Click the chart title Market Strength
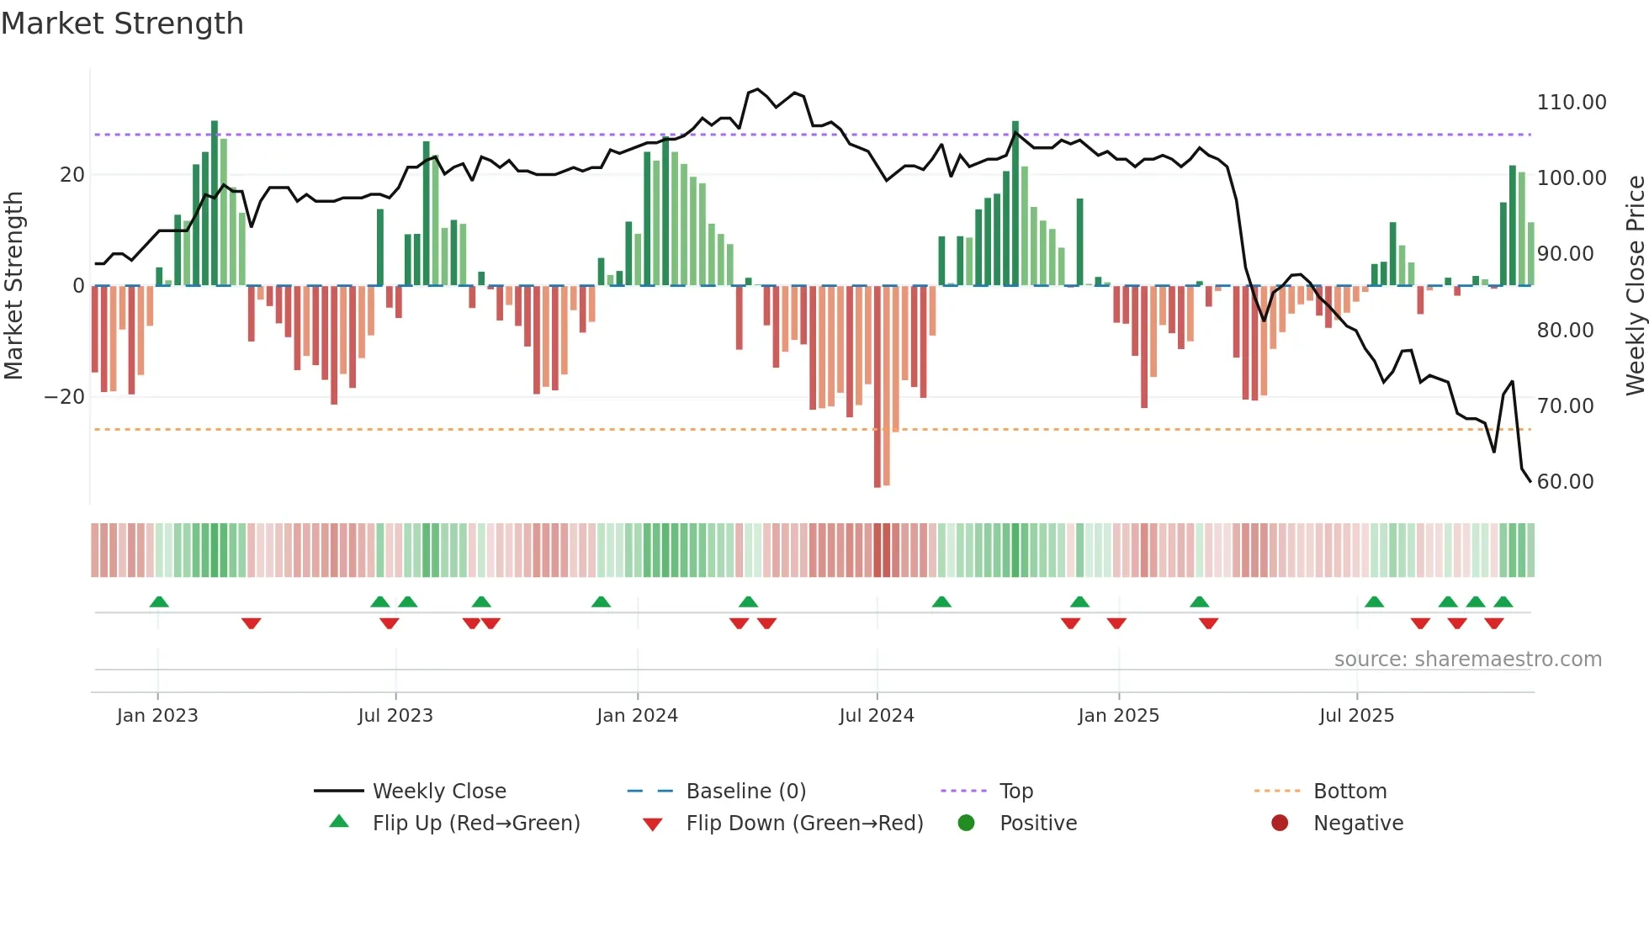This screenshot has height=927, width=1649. pos(122,24)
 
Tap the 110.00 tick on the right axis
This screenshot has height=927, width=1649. pos(1571,103)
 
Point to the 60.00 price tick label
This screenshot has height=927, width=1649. pos(1565,482)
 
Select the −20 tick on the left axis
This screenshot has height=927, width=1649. pos(65,397)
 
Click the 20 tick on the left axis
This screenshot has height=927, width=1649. pos(72,175)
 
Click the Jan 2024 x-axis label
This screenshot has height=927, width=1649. pos(637,716)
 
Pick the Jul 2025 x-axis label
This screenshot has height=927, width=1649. pos(1356,716)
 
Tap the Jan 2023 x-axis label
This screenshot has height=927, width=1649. pos(157,716)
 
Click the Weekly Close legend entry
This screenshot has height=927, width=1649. pos(438,792)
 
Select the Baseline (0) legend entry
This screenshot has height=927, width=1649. pos(745,792)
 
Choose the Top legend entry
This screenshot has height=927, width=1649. pos(1015,792)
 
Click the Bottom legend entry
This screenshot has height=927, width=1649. pos(1349,792)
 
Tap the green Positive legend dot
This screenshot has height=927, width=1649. pos(966,824)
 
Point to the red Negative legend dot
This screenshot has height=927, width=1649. pos(1280,824)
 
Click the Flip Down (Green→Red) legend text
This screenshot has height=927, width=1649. pos(804,824)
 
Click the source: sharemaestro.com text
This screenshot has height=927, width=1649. pos(1467,659)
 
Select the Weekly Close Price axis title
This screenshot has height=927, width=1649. pos(1635,286)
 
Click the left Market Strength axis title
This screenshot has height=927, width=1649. pos(14,286)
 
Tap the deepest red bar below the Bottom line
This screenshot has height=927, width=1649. pos(878,387)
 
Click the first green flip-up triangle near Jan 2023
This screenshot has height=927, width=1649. pos(159,601)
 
